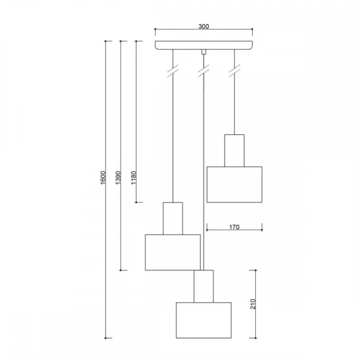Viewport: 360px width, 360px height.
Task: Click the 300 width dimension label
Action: (x=203, y=27)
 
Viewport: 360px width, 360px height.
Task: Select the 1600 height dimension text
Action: (x=103, y=179)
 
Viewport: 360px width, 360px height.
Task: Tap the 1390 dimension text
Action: (x=117, y=179)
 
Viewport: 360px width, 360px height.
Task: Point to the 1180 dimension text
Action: (x=133, y=179)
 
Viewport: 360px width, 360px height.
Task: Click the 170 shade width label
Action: (x=234, y=227)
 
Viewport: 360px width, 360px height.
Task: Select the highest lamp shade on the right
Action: (x=234, y=185)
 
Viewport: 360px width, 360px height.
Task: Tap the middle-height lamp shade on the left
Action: (x=172, y=252)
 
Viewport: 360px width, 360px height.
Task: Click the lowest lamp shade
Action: (x=204, y=320)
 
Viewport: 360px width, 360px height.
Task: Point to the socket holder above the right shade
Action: (x=234, y=151)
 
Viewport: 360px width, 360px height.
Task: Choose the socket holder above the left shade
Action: (x=172, y=219)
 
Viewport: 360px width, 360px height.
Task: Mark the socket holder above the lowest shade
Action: (x=204, y=286)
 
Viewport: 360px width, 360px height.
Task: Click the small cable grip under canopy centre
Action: (x=204, y=51)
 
